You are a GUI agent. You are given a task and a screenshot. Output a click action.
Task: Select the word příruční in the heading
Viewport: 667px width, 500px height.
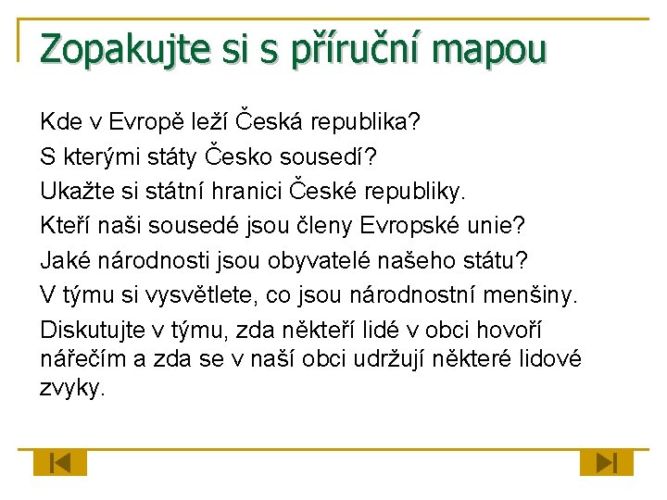coord(339,47)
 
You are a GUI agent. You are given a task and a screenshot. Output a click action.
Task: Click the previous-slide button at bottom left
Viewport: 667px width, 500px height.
coord(60,462)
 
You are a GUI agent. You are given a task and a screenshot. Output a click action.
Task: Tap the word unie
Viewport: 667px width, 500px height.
coord(501,225)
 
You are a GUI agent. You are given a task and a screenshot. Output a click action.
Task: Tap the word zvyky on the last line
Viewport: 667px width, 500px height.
coord(71,388)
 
